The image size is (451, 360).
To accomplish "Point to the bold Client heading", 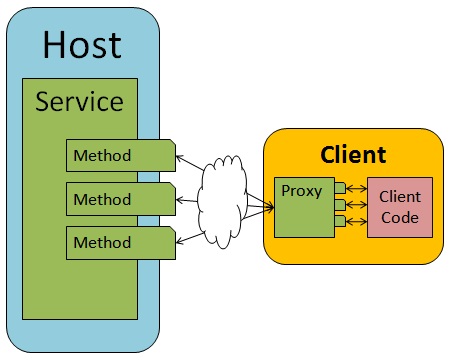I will [353, 155].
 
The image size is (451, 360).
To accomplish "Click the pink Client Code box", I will [400, 207].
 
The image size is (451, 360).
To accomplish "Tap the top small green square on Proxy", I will [341, 187].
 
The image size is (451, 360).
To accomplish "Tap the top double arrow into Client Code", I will [357, 187].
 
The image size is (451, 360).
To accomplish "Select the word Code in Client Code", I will [400, 217].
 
